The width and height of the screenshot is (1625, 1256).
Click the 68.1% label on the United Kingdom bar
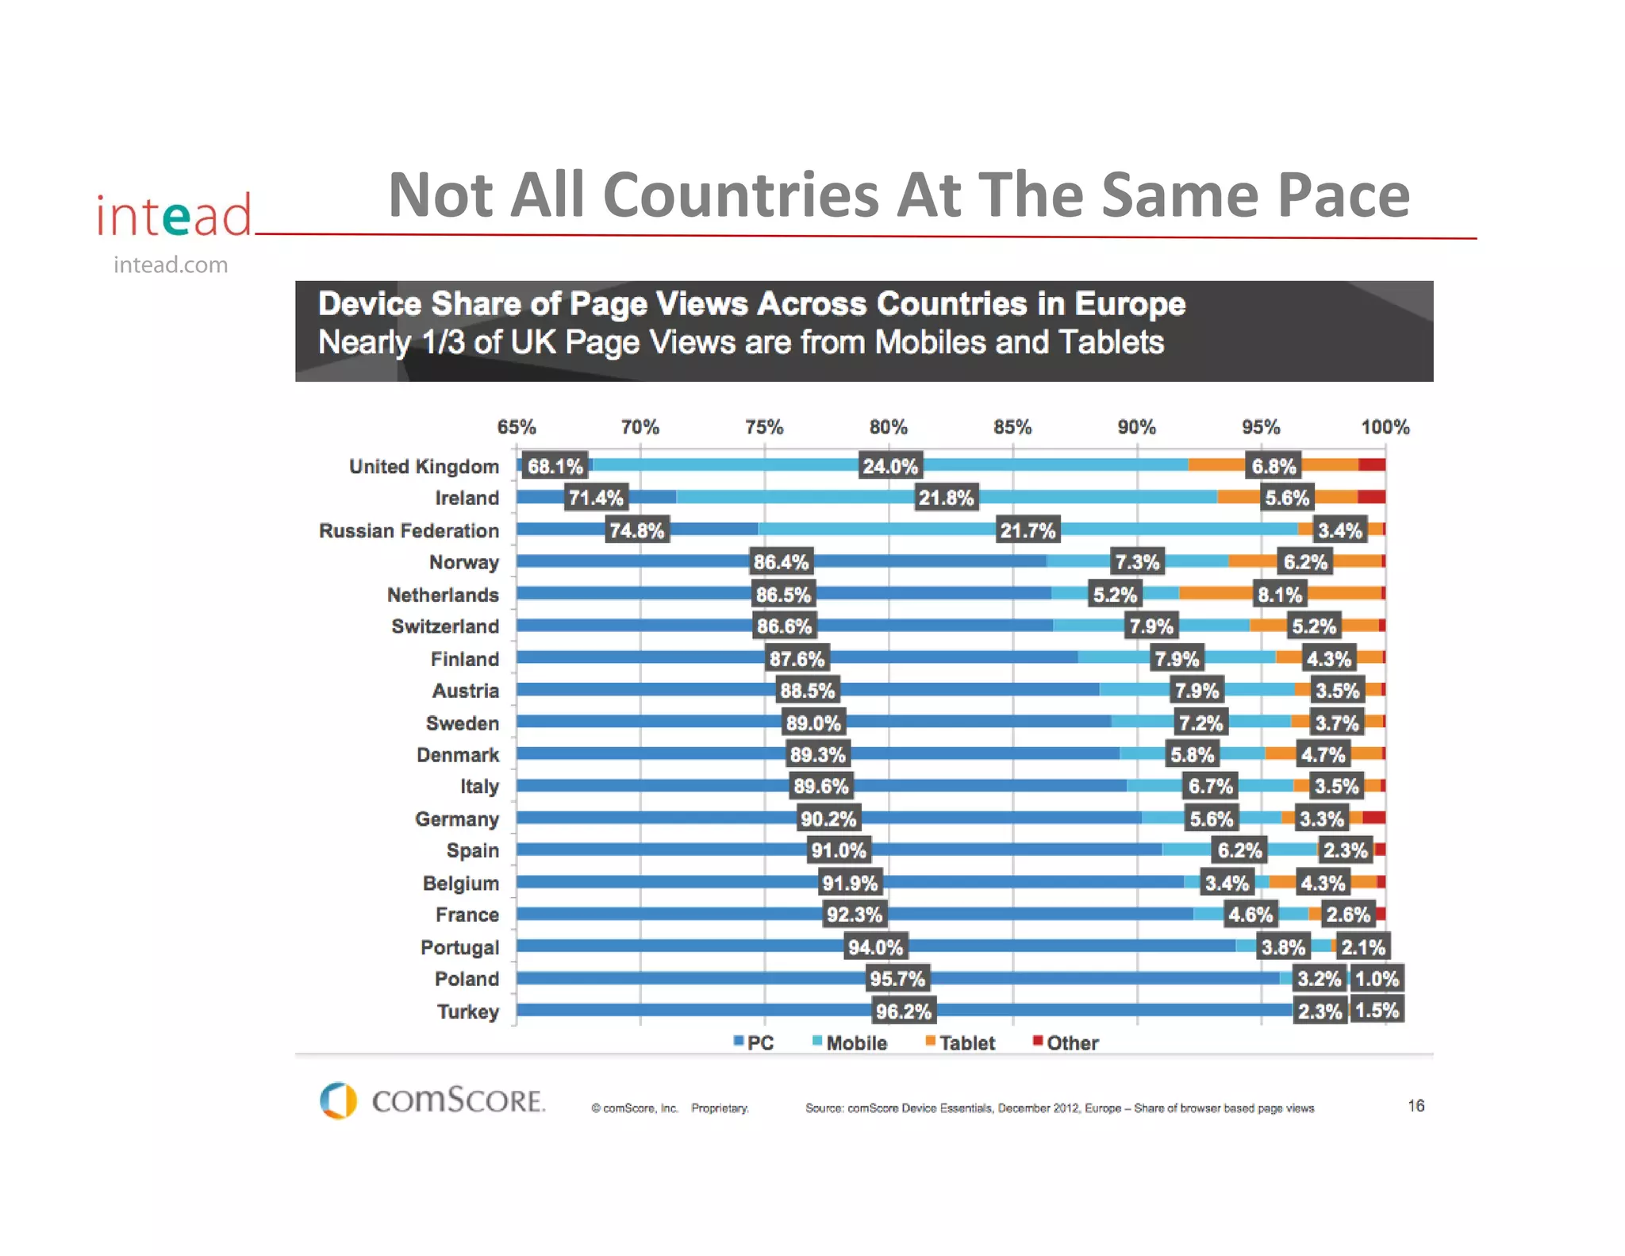pos(555,466)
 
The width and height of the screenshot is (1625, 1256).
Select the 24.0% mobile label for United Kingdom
pos(890,466)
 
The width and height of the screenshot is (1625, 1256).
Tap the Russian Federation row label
pos(409,530)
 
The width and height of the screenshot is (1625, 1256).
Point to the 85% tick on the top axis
pos(1012,427)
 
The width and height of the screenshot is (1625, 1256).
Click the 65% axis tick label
pos(517,427)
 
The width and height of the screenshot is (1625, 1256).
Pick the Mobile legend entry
pos(850,1042)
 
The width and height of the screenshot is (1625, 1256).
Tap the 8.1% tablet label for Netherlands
pos(1280,595)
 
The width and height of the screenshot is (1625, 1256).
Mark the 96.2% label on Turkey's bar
pos(903,1011)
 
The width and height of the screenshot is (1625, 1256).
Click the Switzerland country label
pos(445,626)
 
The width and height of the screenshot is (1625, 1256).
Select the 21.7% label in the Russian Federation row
pos(1028,530)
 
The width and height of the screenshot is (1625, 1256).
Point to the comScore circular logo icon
pos(338,1100)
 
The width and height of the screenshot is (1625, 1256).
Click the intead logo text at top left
pos(174,215)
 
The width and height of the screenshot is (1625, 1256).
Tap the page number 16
pos(1416,1106)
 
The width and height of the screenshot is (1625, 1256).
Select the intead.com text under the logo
pos(171,265)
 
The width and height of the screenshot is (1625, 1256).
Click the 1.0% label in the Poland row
pos(1377,979)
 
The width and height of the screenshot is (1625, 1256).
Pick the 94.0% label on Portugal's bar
pos(875,947)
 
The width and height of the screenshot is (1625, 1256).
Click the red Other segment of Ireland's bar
pos(1371,497)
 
